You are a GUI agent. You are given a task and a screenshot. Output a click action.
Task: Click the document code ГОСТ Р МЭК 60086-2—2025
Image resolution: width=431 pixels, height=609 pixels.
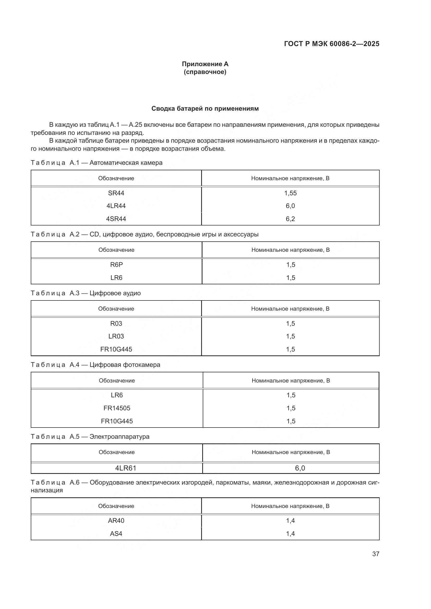pos(331,44)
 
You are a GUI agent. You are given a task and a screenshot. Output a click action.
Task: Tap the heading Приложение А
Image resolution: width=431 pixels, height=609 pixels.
pos(205,64)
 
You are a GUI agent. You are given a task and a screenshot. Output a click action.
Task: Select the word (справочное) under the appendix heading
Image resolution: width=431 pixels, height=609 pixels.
pos(205,72)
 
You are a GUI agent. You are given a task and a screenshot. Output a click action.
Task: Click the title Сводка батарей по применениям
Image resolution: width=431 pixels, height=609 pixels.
pos(205,109)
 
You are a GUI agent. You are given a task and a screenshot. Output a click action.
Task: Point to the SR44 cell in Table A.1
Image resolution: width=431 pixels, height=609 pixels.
pos(116,193)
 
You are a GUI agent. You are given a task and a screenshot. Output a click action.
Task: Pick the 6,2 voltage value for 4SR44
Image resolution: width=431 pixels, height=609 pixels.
pos(290,219)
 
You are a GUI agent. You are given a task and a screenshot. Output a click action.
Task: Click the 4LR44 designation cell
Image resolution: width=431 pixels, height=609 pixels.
pos(116,206)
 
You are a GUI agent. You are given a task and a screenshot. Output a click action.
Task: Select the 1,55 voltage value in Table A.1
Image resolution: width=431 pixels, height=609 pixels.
pos(290,193)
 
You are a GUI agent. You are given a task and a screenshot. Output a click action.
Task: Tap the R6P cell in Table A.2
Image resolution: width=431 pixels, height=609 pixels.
pos(116,265)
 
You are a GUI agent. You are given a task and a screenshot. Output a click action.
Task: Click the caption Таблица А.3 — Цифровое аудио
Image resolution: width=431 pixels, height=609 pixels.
pos(86,293)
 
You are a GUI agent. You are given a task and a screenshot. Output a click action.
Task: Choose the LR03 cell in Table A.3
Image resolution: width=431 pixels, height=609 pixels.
pos(116,336)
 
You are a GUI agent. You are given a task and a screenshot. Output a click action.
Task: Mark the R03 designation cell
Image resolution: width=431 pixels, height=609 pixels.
pos(116,324)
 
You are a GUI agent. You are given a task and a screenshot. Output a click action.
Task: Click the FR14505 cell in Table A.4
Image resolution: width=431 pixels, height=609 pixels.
pos(117,408)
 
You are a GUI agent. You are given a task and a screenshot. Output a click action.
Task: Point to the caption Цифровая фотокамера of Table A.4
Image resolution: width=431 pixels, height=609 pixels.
pos(125,365)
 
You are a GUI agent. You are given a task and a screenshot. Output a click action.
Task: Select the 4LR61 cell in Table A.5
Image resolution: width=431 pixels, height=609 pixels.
pos(126,468)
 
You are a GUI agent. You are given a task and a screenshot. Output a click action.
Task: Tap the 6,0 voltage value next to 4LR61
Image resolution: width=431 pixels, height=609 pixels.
pos(300,468)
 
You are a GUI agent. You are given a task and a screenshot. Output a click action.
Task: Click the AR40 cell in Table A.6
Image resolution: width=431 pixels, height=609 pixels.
pos(116,521)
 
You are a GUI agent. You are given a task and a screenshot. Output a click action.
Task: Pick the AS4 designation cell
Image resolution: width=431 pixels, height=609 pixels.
pos(116,534)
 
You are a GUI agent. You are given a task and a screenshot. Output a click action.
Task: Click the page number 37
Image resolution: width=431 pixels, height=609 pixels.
pos(375,554)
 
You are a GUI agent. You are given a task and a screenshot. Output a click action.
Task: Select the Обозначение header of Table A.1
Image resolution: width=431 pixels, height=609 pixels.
pos(116,178)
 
